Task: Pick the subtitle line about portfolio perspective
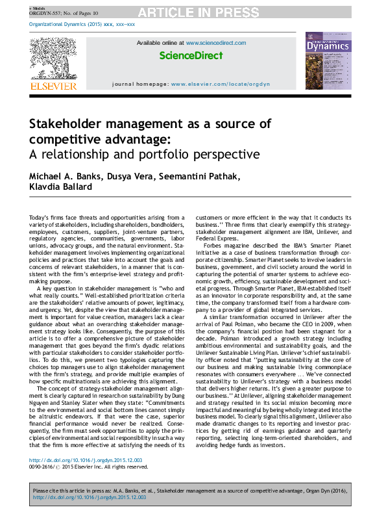click(x=143, y=155)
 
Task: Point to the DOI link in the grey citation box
click(x=90, y=497)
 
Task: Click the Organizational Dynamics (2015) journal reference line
click(x=81, y=24)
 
